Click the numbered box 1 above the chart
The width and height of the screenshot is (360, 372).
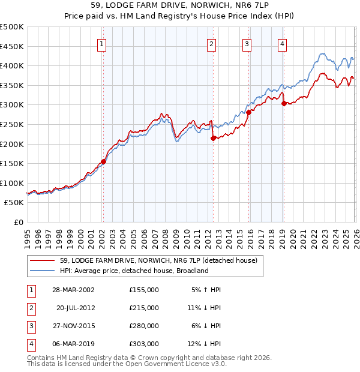102,44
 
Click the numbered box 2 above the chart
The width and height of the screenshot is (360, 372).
212,44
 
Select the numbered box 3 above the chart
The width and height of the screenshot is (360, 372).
247,44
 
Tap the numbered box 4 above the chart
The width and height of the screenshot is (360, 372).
282,44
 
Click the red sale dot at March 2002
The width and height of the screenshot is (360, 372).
103,161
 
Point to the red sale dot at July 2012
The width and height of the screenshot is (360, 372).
212,138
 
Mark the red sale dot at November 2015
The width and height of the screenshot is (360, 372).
248,112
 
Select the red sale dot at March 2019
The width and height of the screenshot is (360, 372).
283,103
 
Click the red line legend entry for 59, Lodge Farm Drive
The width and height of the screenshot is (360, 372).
158,260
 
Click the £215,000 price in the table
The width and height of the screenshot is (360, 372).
144,308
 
